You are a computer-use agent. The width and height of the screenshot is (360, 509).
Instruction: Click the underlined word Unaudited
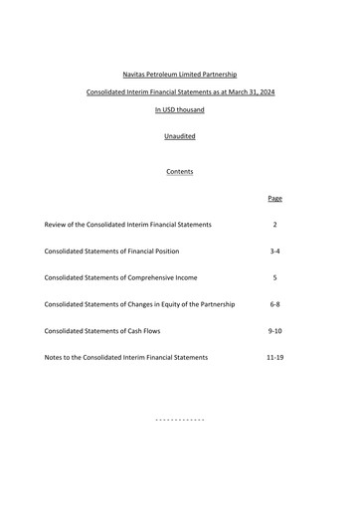tap(180, 136)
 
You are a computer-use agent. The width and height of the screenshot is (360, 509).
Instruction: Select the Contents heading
tap(180, 171)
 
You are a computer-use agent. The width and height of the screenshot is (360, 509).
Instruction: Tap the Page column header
tap(274, 198)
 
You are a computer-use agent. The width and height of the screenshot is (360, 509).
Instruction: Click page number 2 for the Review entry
tap(274, 225)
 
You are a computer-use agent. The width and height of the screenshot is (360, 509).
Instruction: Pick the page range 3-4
tap(274, 252)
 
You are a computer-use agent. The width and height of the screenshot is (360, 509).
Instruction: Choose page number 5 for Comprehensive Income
tap(274, 277)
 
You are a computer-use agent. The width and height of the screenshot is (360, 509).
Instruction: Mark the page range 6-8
tap(274, 304)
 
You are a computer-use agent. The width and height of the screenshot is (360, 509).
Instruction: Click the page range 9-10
tap(274, 331)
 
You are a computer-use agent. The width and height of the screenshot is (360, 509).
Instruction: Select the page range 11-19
tap(274, 357)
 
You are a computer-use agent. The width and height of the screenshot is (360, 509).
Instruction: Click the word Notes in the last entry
tap(55, 357)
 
